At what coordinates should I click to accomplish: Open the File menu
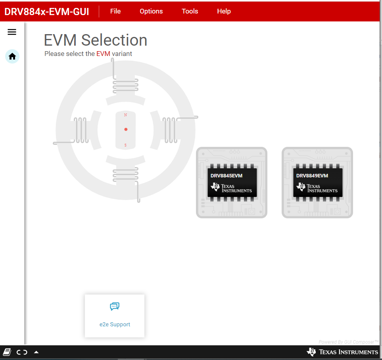115,11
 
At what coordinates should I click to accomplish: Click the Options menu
151,11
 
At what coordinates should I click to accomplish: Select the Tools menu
190,11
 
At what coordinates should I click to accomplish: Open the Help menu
224,11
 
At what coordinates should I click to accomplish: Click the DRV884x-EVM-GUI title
46,12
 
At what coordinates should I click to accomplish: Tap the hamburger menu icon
12,32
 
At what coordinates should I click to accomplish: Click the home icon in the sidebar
12,56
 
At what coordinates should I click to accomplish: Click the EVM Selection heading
95,40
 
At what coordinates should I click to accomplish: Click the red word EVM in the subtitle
103,54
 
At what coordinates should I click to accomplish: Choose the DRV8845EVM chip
232,183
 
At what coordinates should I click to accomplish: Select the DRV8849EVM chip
317,183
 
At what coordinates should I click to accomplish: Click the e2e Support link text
115,324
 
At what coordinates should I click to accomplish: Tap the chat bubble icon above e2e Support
115,306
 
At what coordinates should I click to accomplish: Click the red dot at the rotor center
126,129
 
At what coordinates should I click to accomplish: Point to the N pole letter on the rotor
126,115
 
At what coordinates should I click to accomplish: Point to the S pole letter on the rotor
126,145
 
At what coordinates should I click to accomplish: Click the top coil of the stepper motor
126,85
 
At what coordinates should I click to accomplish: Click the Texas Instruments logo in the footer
342,352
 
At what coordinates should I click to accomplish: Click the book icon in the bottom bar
7,352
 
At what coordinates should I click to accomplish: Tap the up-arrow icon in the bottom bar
36,352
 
